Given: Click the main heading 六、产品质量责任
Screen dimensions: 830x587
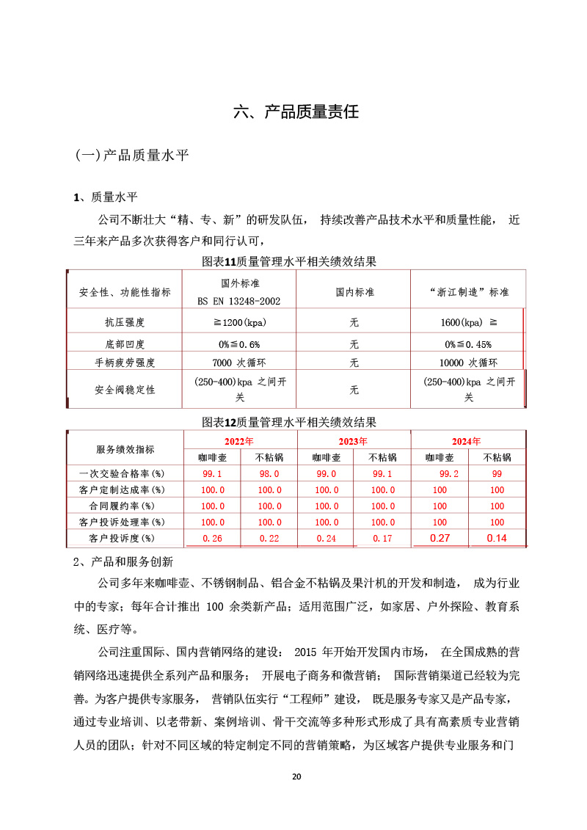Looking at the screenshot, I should click(296, 112).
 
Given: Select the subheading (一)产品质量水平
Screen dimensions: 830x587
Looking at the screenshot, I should click(132, 156).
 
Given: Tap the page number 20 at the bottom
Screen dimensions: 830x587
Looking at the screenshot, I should click(296, 776).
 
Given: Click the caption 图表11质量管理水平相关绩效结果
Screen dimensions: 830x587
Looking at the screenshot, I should click(289, 261).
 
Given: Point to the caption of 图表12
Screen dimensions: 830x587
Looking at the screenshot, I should click(289, 422).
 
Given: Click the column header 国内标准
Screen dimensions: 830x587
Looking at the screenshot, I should click(354, 291).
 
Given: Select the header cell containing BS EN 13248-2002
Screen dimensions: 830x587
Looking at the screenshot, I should click(240, 292).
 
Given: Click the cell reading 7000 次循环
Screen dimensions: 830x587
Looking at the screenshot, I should click(240, 363).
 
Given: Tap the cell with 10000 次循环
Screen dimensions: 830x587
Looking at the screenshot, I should click(468, 363).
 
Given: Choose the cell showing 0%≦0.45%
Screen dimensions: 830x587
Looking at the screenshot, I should click(468, 343).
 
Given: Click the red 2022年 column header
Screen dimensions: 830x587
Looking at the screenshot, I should click(239, 441).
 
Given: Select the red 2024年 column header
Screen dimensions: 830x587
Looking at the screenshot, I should click(467, 441).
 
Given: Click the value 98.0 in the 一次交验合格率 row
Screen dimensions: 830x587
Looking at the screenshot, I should click(269, 474).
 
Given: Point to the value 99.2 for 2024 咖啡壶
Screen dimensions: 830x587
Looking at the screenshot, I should click(440, 474).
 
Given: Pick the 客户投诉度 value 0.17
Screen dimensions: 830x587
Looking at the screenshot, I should click(382, 539).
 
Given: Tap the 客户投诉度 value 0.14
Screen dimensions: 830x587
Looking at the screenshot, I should click(497, 539).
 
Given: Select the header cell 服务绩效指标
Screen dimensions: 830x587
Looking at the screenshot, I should click(125, 449).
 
